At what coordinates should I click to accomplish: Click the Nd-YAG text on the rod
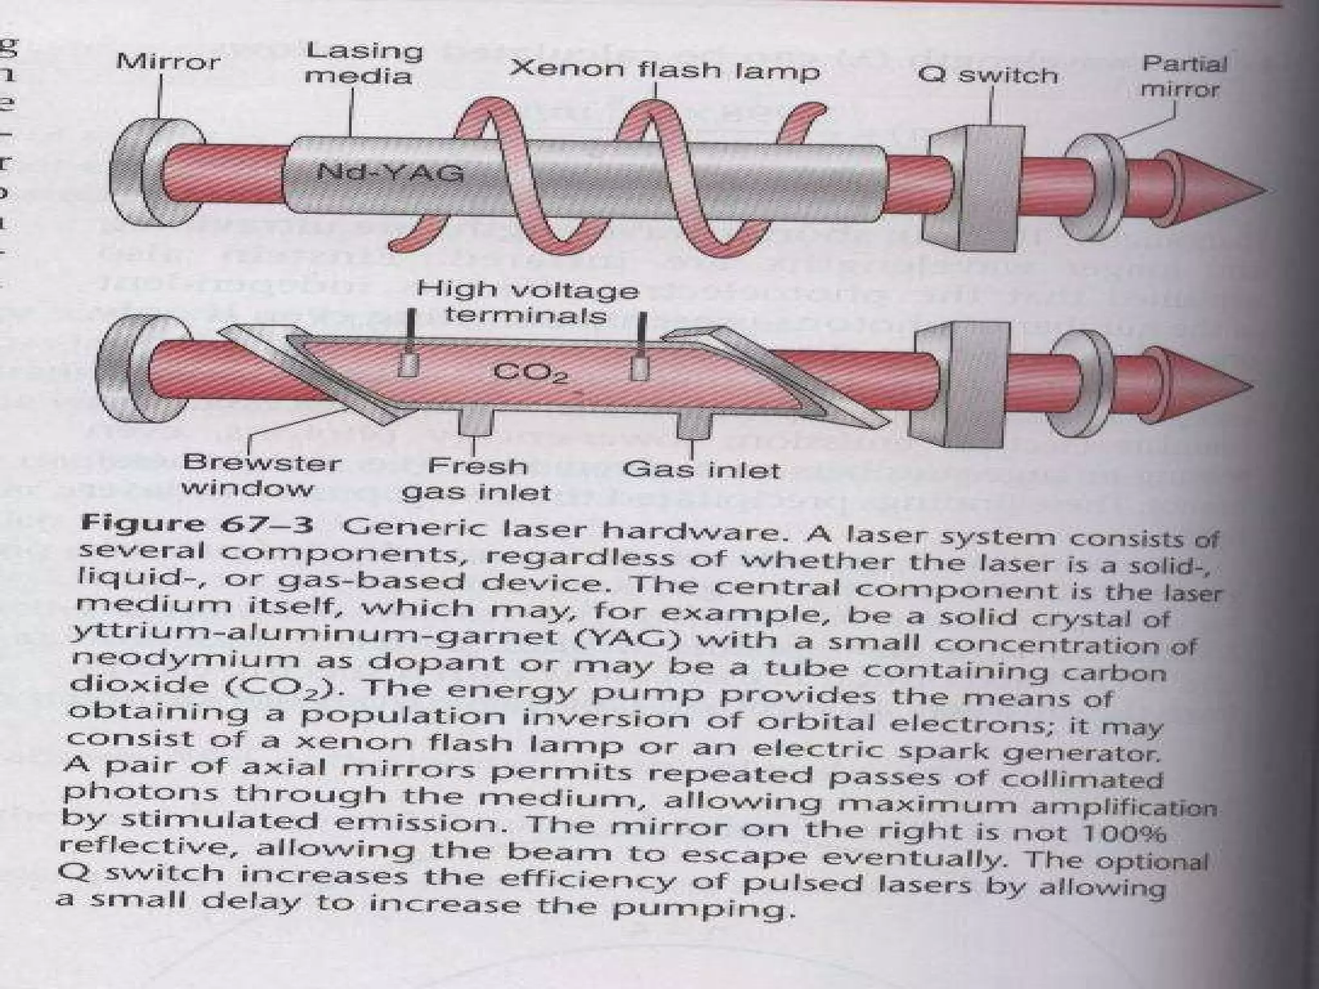click(390, 173)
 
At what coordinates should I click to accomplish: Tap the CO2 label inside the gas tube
click(530, 373)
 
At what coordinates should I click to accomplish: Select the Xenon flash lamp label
click(664, 70)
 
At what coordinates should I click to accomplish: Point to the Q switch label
click(987, 75)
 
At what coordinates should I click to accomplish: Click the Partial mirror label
click(1183, 76)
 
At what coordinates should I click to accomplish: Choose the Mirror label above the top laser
click(168, 62)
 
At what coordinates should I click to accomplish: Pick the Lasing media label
click(363, 63)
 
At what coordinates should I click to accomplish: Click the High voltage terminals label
click(527, 302)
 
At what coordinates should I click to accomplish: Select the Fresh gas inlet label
click(477, 478)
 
